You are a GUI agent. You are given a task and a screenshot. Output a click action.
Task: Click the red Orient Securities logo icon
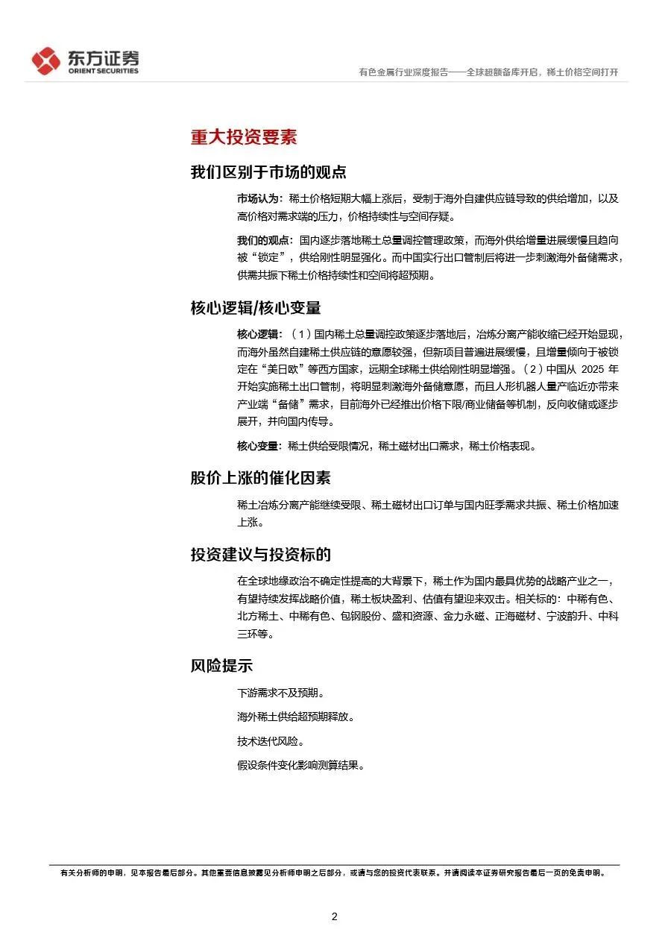pyautogui.click(x=45, y=61)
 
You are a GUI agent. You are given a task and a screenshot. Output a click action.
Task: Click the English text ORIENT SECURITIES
pyautogui.click(x=103, y=72)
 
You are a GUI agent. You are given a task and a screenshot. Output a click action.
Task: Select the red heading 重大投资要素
pyautogui.click(x=243, y=137)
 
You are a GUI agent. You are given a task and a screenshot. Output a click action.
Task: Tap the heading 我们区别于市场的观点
pyautogui.click(x=268, y=172)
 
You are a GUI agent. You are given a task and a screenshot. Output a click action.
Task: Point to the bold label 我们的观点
pyautogui.click(x=264, y=241)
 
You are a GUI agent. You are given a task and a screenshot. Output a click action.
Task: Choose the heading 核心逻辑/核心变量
pyautogui.click(x=256, y=307)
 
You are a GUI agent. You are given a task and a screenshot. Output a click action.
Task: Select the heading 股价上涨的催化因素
pyautogui.click(x=260, y=478)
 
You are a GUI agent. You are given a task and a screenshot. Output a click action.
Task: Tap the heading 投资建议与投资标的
pyautogui.click(x=260, y=555)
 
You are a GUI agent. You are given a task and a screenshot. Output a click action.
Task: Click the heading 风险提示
pyautogui.click(x=221, y=667)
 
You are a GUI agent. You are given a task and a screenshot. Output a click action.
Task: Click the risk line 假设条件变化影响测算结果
pyautogui.click(x=300, y=766)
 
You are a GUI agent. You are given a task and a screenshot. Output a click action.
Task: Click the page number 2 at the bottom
pyautogui.click(x=334, y=916)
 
